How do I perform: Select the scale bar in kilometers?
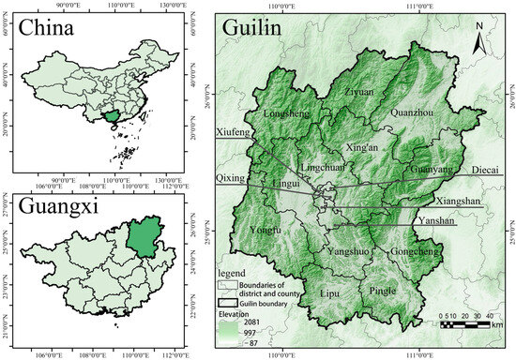point(468,323)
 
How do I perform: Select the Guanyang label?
point(431,170)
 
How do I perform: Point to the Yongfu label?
point(266,230)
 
